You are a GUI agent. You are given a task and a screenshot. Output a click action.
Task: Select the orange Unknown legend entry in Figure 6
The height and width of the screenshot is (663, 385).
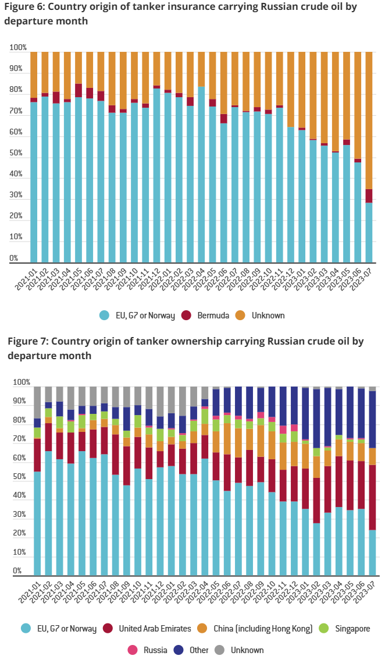click(x=268, y=315)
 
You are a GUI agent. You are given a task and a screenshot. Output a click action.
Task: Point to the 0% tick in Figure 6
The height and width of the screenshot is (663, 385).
click(x=13, y=258)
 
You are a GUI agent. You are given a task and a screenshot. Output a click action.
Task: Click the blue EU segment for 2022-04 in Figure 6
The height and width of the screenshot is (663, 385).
click(x=201, y=175)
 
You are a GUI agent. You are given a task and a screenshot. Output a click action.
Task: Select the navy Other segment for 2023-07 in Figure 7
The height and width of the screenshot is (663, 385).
click(x=372, y=419)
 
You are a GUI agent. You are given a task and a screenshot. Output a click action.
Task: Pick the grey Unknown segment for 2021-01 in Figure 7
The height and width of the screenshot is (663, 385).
click(x=37, y=402)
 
